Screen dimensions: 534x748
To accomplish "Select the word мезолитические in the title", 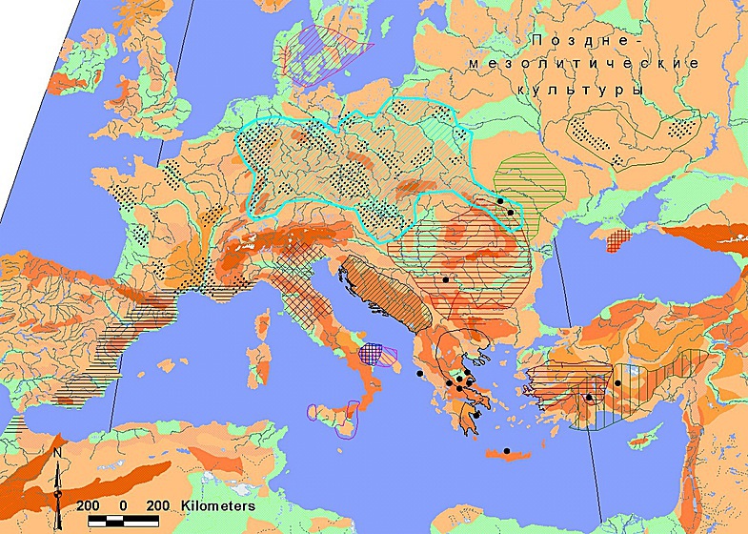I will [x=584, y=64].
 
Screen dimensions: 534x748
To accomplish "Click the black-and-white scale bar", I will [x=123, y=521].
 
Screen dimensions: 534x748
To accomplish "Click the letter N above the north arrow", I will [x=58, y=454].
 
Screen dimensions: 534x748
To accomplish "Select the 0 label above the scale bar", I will [x=122, y=504].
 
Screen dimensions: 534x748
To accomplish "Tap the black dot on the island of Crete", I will [x=507, y=451].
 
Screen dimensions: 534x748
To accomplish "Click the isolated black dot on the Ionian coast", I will [x=418, y=373].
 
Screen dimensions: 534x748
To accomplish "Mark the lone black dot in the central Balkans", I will [x=445, y=280].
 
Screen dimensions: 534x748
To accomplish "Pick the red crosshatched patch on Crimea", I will [x=619, y=239].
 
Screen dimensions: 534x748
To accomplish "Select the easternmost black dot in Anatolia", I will [x=617, y=383].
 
